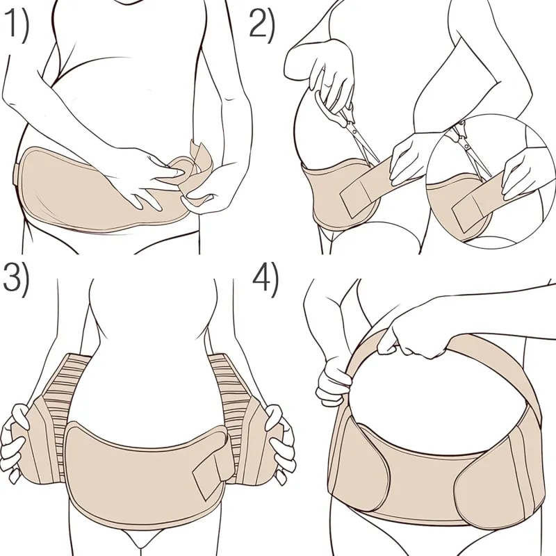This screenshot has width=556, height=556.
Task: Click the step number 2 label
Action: pyautogui.click(x=262, y=24)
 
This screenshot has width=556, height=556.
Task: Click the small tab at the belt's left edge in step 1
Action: pyautogui.click(x=16, y=174)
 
